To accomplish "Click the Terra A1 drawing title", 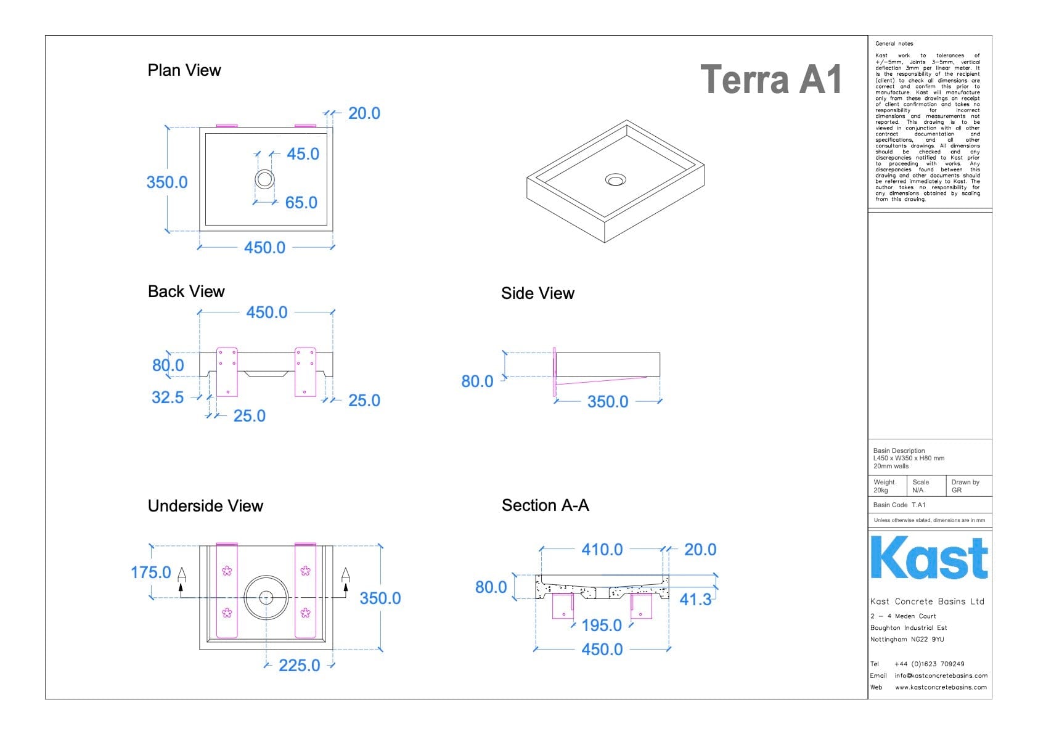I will pyautogui.click(x=770, y=80).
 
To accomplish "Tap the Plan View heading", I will pyautogui.click(x=184, y=70).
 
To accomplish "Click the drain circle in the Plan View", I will pyautogui.click(x=264, y=179).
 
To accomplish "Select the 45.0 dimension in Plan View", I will pyautogui.click(x=303, y=154).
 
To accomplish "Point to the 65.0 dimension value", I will pyautogui.click(x=301, y=203).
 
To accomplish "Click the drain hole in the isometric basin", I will pyautogui.click(x=615, y=179).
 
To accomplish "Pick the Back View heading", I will pyautogui.click(x=186, y=292).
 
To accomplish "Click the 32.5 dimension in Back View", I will pyautogui.click(x=168, y=398).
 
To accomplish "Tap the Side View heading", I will pyautogui.click(x=537, y=293).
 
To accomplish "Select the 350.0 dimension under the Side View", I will pyautogui.click(x=607, y=402).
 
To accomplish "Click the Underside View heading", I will pyautogui.click(x=205, y=506).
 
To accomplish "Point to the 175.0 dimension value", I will pyautogui.click(x=150, y=573).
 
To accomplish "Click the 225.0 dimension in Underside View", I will pyautogui.click(x=299, y=666).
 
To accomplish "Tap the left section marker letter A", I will pyautogui.click(x=182, y=574).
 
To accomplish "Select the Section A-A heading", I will pyautogui.click(x=545, y=505).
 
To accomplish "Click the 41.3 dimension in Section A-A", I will pyautogui.click(x=695, y=600).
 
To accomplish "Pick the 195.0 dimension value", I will pyautogui.click(x=601, y=626).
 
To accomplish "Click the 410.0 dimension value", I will pyautogui.click(x=602, y=550).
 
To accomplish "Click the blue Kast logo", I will pyautogui.click(x=929, y=558).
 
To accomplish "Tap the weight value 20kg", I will pyautogui.click(x=881, y=491).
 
